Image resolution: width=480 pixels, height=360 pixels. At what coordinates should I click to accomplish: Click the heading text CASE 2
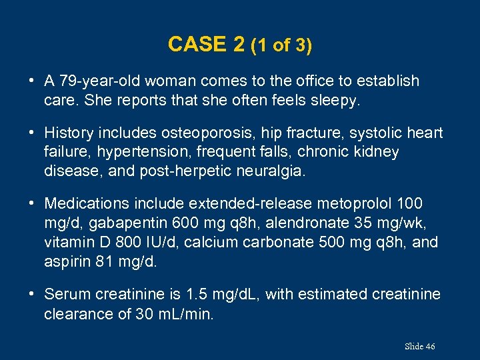click(206, 45)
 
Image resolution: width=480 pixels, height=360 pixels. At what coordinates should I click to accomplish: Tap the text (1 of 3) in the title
click(281, 45)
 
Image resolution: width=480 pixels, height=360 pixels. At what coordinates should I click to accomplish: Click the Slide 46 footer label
click(420, 346)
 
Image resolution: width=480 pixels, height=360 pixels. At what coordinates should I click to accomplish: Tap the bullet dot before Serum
click(32, 294)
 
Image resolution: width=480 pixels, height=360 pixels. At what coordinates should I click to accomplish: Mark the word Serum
click(65, 294)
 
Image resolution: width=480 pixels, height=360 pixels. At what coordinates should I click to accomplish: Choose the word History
click(68, 133)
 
